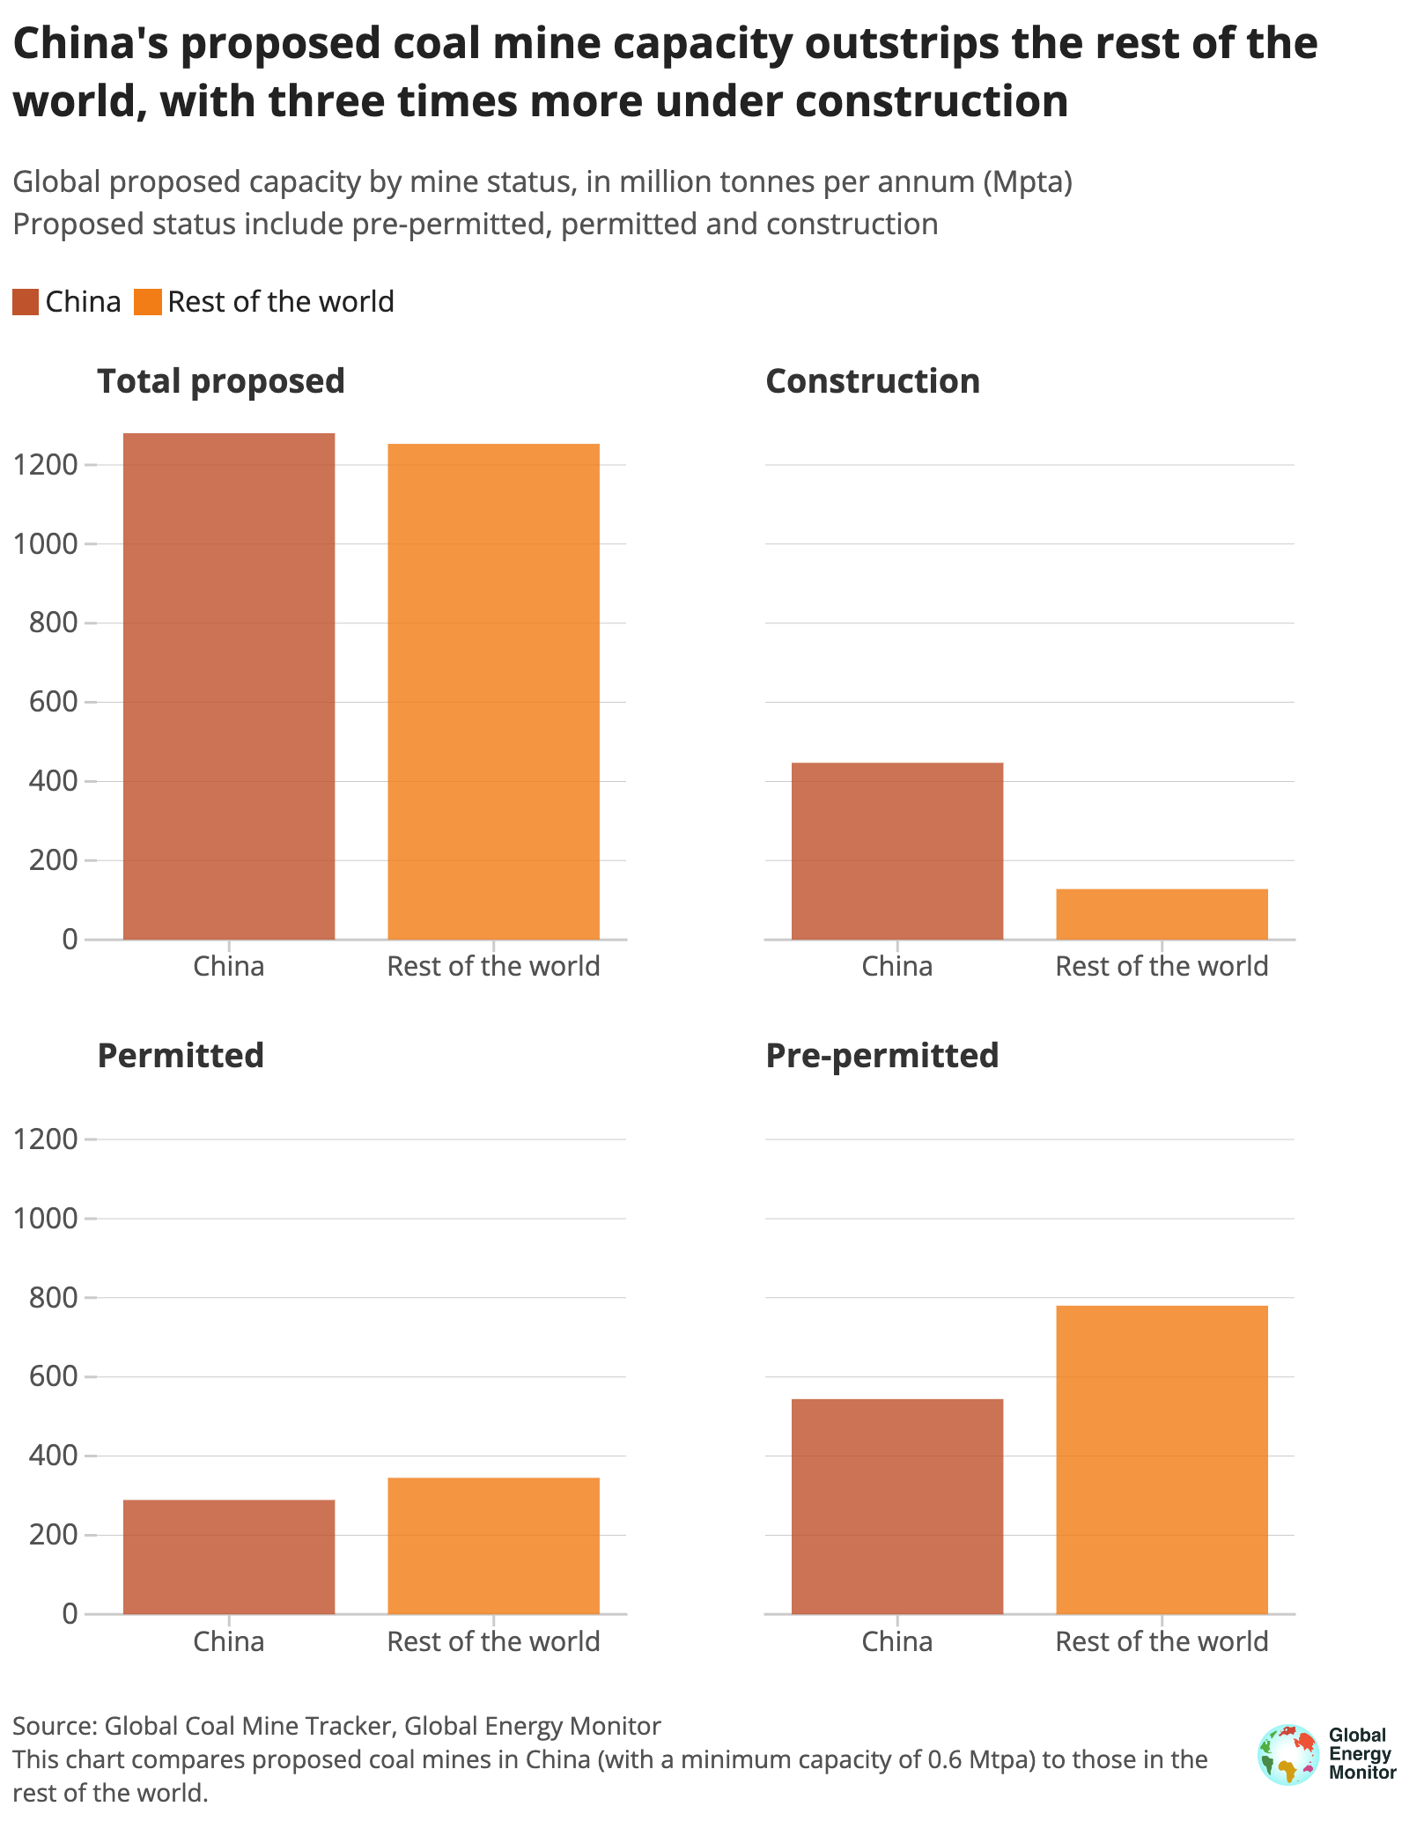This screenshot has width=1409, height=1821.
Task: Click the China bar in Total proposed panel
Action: click(x=229, y=686)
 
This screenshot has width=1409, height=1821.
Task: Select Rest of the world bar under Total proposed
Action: click(x=493, y=691)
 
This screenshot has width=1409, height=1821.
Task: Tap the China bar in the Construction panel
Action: click(x=897, y=851)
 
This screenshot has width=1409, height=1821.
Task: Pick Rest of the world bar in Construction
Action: click(x=1162, y=914)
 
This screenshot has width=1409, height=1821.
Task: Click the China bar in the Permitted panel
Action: click(x=229, y=1556)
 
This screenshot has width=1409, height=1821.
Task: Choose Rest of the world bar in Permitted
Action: click(x=493, y=1545)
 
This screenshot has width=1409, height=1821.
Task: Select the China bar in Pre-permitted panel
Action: click(x=897, y=1506)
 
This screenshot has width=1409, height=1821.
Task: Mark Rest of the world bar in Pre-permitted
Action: click(x=1162, y=1459)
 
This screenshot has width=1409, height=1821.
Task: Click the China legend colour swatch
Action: click(x=26, y=302)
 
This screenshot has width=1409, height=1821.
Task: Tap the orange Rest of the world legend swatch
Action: click(x=147, y=302)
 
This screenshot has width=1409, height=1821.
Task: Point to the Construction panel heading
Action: click(x=872, y=381)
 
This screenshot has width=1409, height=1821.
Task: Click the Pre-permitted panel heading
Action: click(x=882, y=1055)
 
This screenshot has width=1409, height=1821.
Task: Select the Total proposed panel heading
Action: click(x=220, y=381)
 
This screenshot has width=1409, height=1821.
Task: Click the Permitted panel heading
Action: click(x=181, y=1055)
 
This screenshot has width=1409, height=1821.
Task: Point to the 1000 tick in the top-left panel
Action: click(x=46, y=544)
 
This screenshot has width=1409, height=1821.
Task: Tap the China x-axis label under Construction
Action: click(x=896, y=966)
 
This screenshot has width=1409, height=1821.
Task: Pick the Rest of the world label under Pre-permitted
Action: click(x=1162, y=1641)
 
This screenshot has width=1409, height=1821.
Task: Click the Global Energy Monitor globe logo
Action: click(x=1288, y=1754)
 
